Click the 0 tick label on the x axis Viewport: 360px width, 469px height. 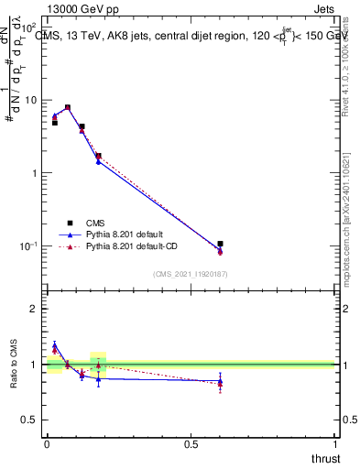pos(47,445)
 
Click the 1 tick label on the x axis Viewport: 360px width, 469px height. pos(334,445)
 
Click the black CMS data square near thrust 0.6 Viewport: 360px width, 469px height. pos(220,245)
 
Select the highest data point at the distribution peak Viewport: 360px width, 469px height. pos(68,107)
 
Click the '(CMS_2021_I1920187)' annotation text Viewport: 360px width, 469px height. pos(190,273)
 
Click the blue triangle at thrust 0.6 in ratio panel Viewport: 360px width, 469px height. pos(220,381)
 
